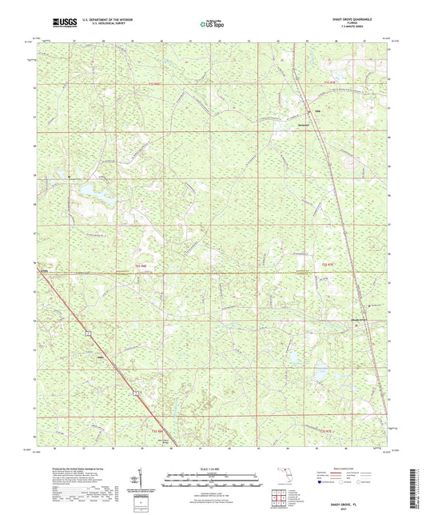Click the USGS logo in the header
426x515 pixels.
coord(61,24)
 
